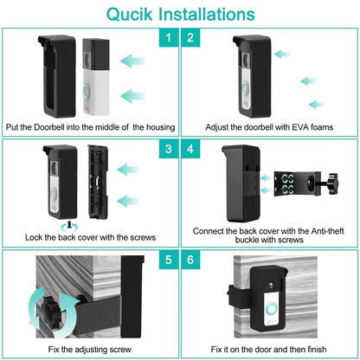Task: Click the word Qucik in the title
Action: [130, 15]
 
